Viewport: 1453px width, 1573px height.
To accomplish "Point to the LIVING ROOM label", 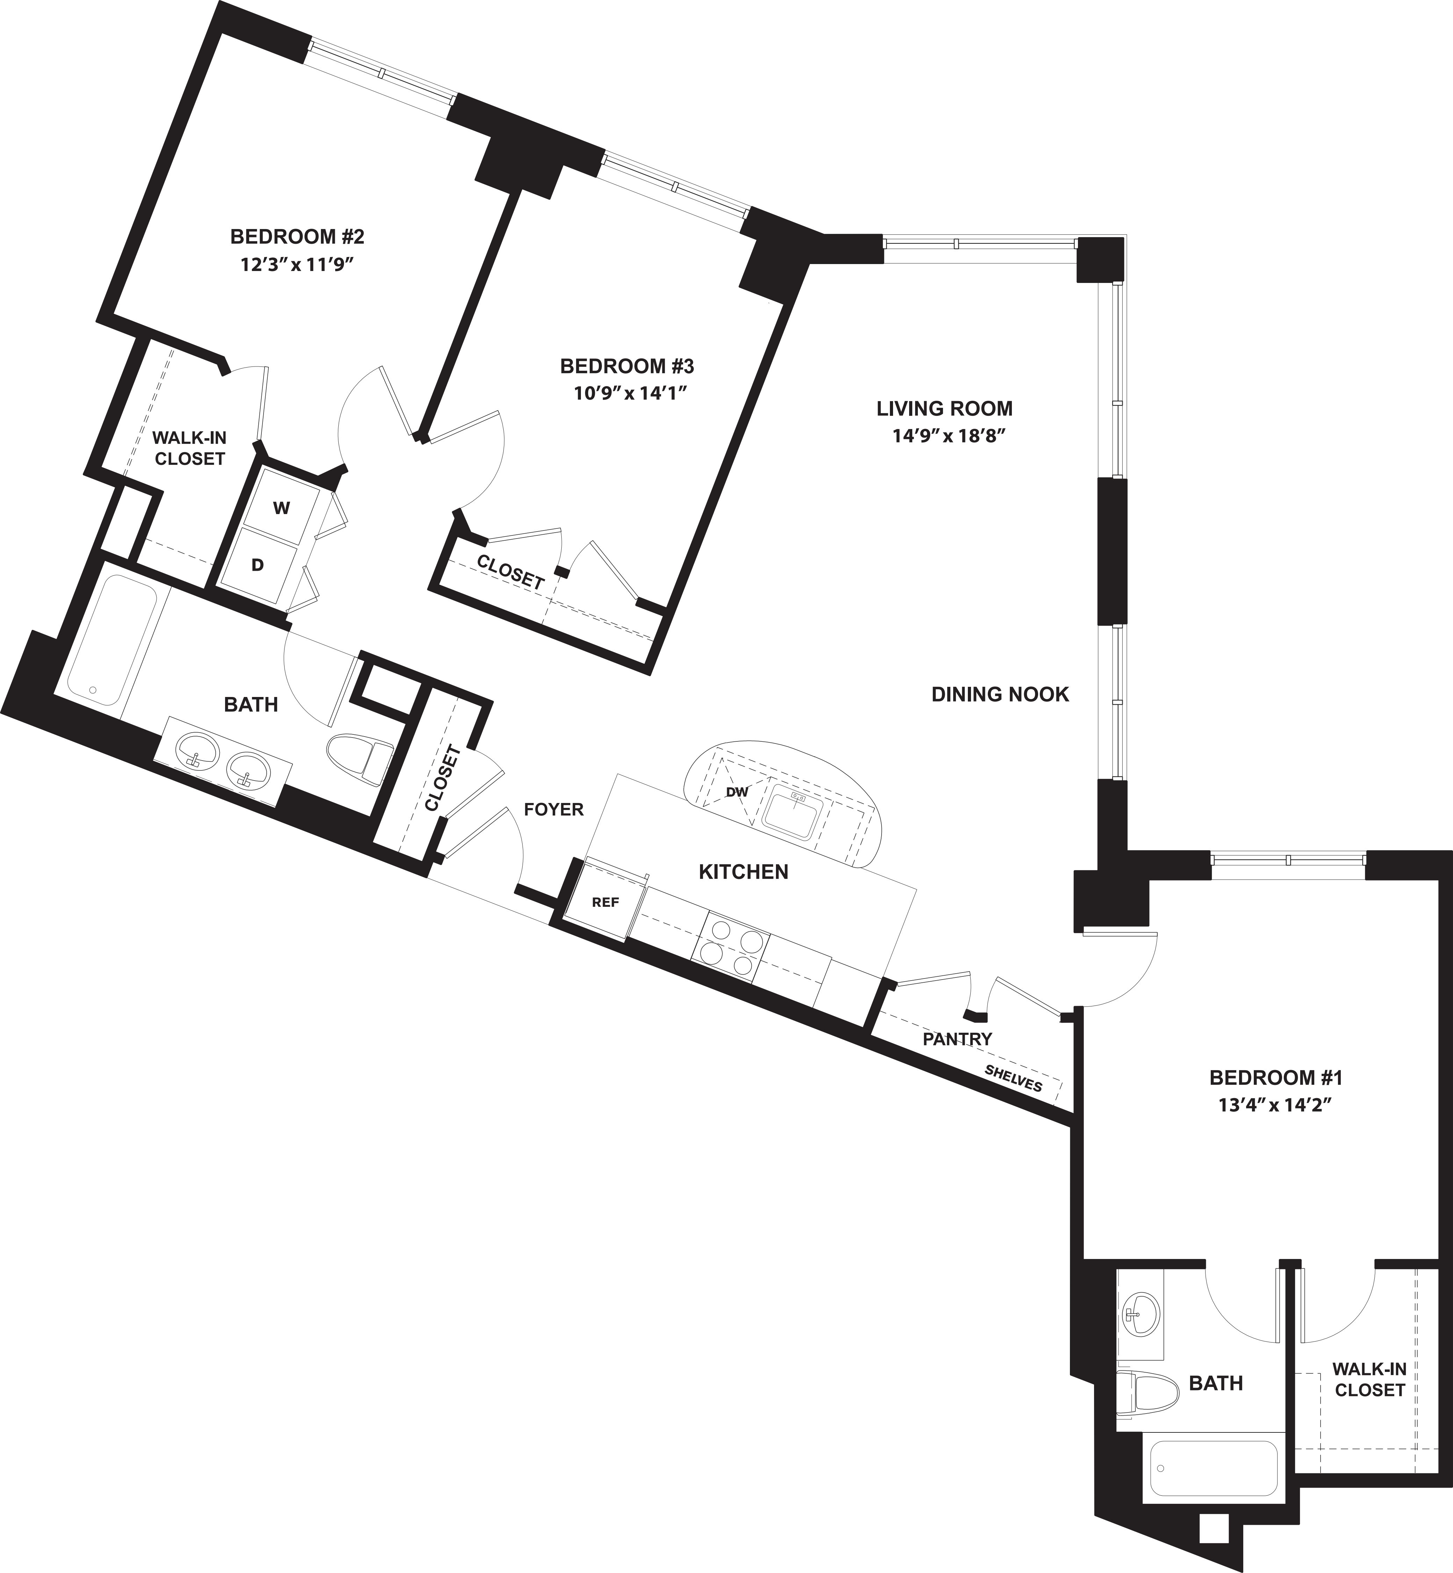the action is (x=944, y=409).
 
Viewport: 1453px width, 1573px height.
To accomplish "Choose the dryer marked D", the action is (x=258, y=564).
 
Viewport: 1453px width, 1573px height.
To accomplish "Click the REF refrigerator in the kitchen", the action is (x=605, y=902).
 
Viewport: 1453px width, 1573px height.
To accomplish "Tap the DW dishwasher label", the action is (x=737, y=792).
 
